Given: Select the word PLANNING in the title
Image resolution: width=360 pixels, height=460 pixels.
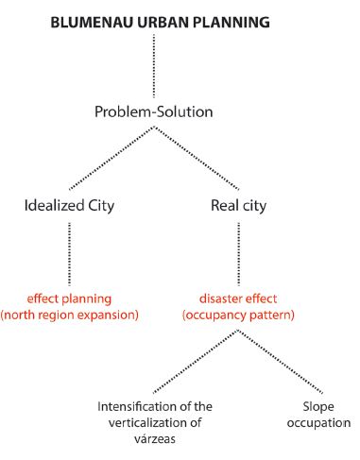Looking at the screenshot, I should point(231,21).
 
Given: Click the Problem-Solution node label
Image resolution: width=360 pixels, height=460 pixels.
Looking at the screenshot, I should point(166,111).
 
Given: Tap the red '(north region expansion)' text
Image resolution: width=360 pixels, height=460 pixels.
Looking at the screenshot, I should point(68,314).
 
